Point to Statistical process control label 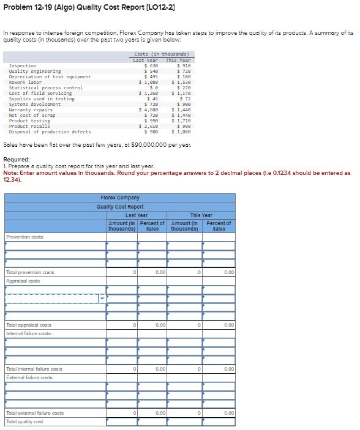point(45,87)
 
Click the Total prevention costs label point(30,272)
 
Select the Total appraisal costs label point(29,325)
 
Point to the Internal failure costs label point(29,333)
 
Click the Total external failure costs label point(34,413)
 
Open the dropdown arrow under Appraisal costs point(102,298)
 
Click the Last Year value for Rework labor point(149,82)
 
